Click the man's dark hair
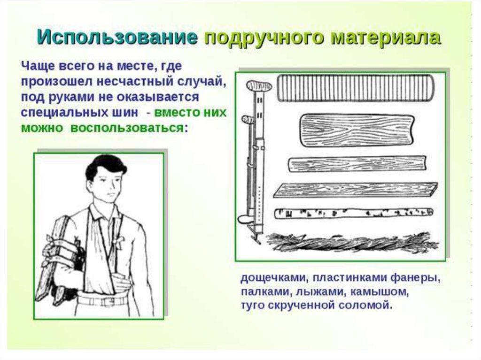[x=105, y=165]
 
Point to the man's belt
[x=103, y=299]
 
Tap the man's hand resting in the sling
[x=122, y=283]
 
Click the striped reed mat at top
[x=355, y=88]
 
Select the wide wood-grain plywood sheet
[x=356, y=129]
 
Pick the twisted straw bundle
[x=352, y=243]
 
